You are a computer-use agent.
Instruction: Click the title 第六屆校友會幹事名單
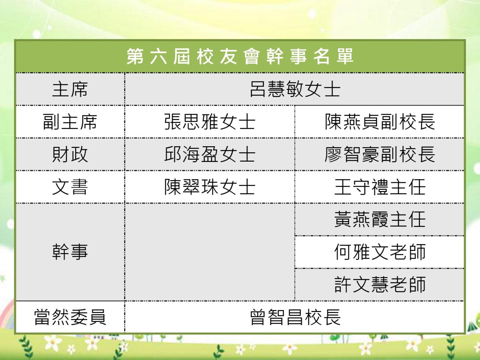tap(240, 56)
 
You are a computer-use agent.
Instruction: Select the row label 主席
tap(70, 89)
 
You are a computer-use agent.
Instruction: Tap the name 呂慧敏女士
tap(295, 89)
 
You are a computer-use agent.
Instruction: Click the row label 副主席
tap(70, 122)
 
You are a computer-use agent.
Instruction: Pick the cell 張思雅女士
tap(210, 122)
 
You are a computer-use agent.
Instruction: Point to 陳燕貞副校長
tap(380, 122)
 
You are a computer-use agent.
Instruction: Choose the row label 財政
tap(70, 154)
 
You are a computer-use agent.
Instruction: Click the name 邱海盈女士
tap(210, 154)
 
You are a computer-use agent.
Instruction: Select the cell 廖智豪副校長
tap(380, 154)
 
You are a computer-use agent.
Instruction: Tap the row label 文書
tap(70, 187)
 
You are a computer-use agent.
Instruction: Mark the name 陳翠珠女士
tap(210, 187)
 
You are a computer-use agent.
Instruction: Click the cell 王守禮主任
tap(380, 187)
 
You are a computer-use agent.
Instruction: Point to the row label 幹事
tap(70, 252)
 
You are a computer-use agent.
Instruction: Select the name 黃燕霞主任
tap(380, 219)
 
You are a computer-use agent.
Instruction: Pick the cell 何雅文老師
tap(380, 252)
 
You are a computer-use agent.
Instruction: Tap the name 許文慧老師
tap(380, 285)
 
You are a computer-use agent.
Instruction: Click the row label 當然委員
tap(70, 317)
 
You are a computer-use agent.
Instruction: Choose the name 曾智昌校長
tap(295, 317)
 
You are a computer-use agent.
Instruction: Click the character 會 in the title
tap(252, 56)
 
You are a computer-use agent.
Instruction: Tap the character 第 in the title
tap(135, 56)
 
